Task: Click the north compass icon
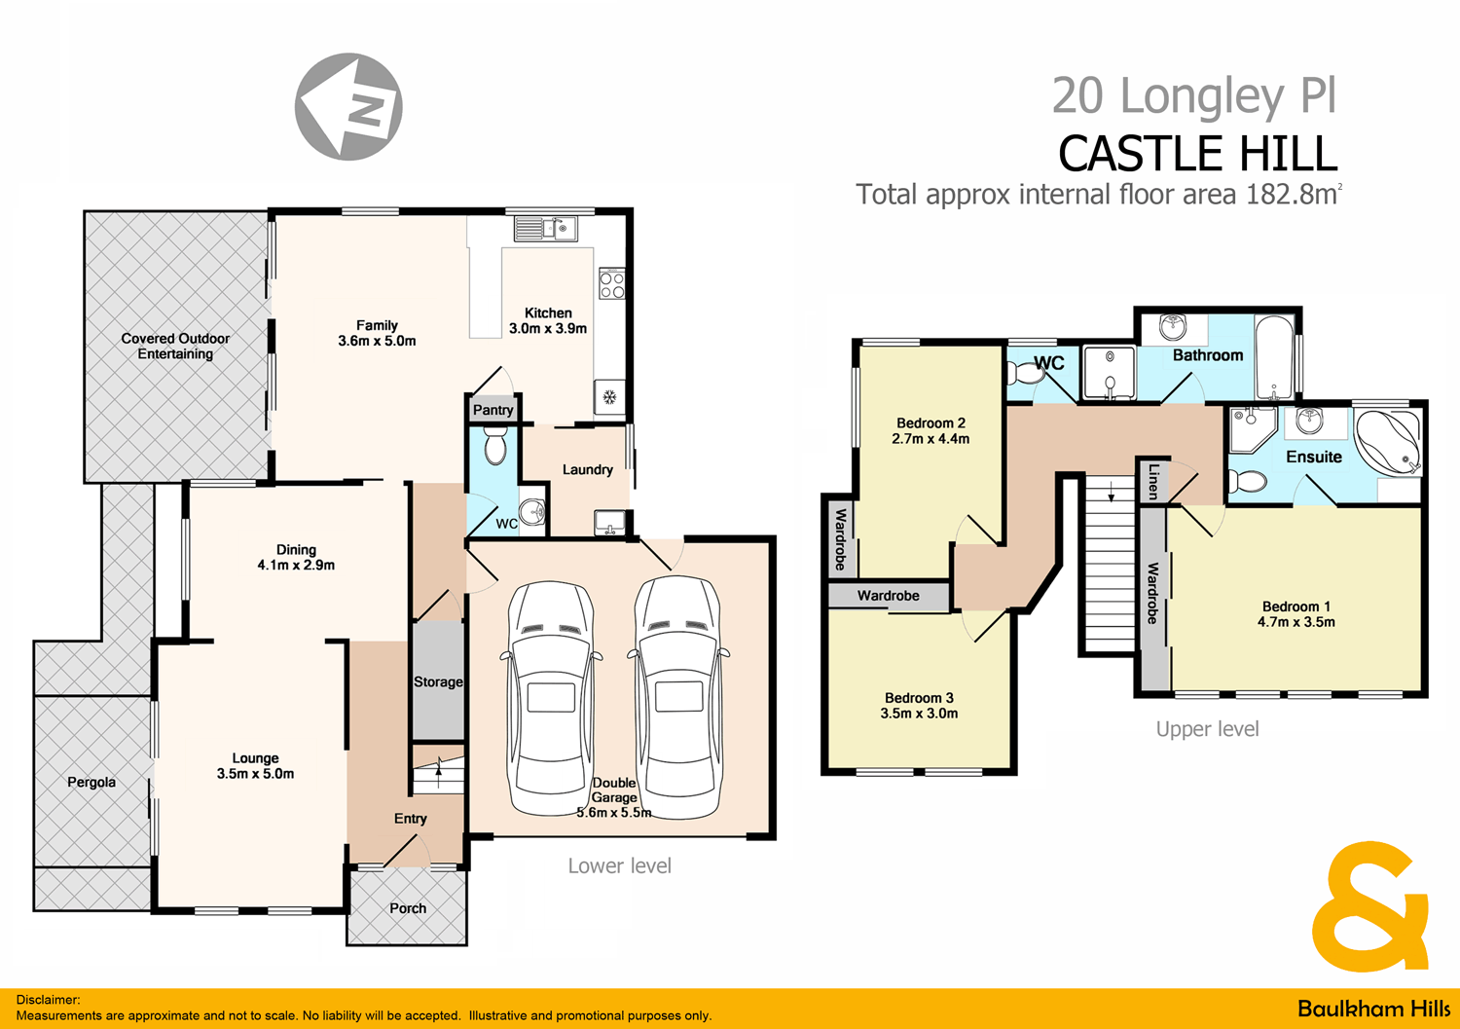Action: click(x=348, y=106)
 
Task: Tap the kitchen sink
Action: click(x=546, y=229)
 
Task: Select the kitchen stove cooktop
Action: click(x=611, y=284)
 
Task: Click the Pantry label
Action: click(x=493, y=410)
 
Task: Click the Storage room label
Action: click(x=438, y=682)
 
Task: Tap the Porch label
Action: click(x=408, y=908)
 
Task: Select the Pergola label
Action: click(x=91, y=782)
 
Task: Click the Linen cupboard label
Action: click(x=1153, y=481)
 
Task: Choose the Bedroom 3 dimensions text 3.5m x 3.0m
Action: click(x=919, y=714)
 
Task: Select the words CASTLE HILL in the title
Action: click(x=1197, y=154)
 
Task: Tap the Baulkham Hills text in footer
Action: click(x=1373, y=1009)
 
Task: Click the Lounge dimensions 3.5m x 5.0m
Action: click(x=255, y=774)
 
